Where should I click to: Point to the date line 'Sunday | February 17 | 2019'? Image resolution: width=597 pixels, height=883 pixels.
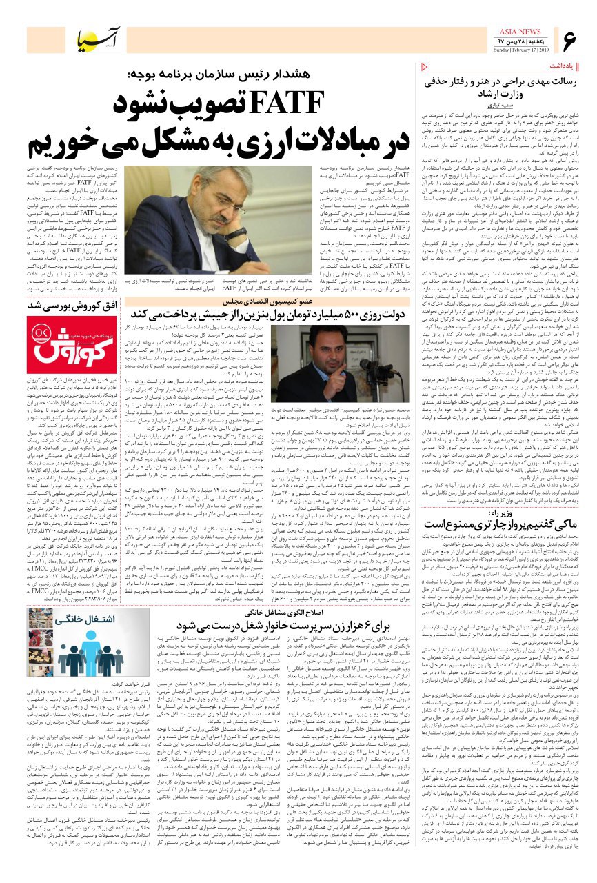(520, 50)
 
